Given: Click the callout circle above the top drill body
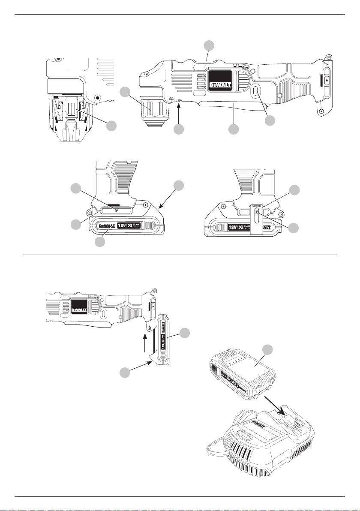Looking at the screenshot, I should point(209,45).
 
